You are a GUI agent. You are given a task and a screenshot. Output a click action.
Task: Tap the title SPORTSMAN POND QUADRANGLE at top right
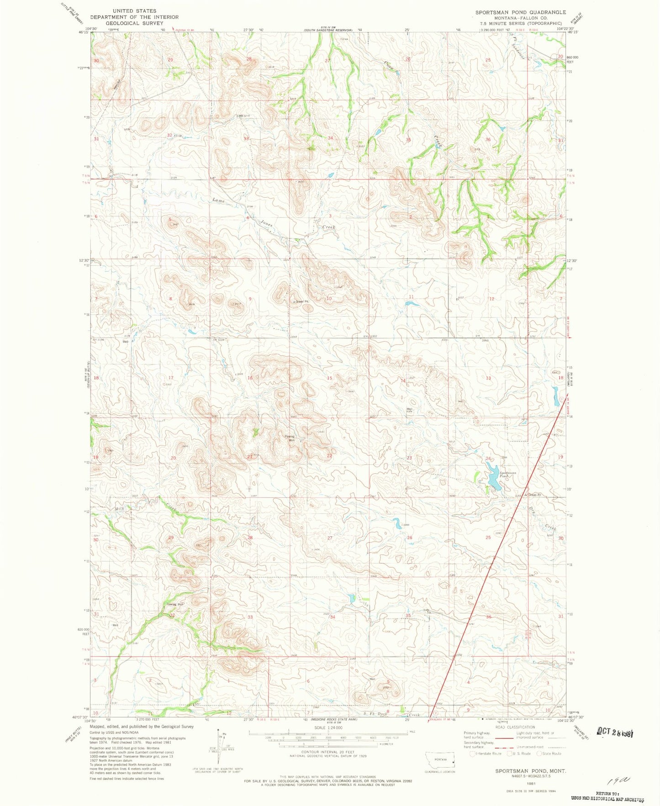520,12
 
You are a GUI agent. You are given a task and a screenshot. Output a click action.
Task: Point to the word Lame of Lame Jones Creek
219,200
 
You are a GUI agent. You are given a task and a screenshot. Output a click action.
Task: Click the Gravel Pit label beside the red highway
535,495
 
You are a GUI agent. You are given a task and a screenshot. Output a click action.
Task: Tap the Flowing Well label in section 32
174,604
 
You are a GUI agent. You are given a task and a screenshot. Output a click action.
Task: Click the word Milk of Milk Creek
119,509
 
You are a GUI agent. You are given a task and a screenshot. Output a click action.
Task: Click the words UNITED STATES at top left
134,11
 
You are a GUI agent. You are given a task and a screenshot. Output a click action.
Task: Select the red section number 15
329,378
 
